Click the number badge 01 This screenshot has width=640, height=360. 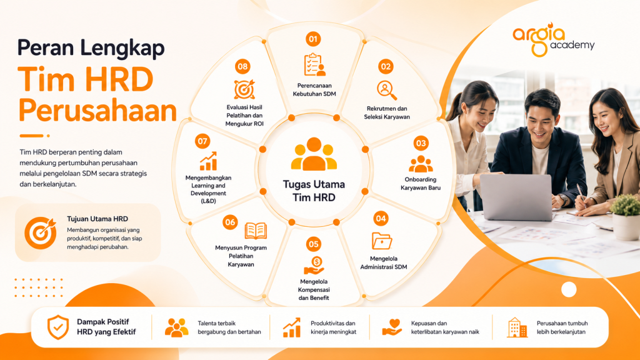[313, 39]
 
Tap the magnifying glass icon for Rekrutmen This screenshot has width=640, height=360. [386, 90]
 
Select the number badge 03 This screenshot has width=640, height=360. [421, 143]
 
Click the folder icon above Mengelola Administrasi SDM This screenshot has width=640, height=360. [382, 241]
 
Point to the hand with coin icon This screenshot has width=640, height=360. [314, 266]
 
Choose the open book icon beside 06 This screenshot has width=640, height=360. [256, 231]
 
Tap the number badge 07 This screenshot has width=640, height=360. [202, 141]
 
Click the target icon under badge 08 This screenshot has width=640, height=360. [244, 89]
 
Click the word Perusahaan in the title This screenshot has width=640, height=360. [97, 111]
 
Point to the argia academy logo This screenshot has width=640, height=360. [554, 40]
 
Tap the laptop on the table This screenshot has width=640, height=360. [516, 197]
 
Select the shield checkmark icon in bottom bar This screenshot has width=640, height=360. [58, 327]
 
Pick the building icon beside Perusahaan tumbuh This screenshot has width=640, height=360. [517, 327]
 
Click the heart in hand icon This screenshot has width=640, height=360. [392, 327]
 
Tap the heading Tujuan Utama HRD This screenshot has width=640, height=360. [97, 219]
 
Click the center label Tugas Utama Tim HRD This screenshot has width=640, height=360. [314, 191]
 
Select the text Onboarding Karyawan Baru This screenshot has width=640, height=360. [421, 184]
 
